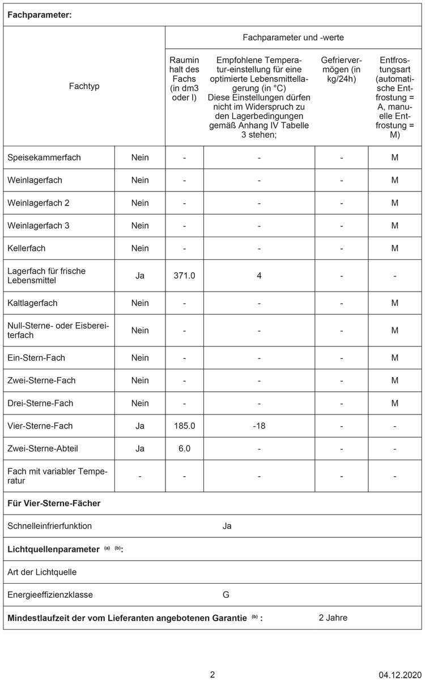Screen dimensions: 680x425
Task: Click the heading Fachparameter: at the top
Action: [x=39, y=15]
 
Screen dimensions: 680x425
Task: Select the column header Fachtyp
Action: [x=84, y=86]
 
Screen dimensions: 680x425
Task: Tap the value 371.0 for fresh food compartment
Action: [x=184, y=276]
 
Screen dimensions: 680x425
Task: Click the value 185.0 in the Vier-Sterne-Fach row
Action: [x=184, y=426]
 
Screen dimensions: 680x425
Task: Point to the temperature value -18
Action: [x=259, y=426]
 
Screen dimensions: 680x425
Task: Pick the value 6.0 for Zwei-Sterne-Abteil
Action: [x=184, y=448]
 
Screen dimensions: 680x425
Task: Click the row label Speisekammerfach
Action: [x=44, y=157]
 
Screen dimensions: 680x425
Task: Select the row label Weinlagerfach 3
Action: [x=39, y=225]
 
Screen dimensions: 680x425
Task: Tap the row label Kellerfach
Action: [x=27, y=248]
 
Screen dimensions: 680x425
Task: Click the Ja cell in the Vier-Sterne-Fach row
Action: [x=140, y=426]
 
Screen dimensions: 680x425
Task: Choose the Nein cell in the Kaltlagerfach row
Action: [x=140, y=303]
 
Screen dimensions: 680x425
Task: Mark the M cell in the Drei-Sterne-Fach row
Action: [x=394, y=403]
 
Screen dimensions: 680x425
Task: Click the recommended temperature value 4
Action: [x=259, y=276]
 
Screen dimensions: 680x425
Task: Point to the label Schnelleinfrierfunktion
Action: [x=50, y=526]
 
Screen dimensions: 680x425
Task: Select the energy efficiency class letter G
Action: [x=226, y=595]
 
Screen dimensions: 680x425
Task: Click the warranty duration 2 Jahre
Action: [x=333, y=618]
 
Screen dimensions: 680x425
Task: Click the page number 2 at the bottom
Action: [x=212, y=675]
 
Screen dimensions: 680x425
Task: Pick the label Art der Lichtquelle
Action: [x=42, y=572]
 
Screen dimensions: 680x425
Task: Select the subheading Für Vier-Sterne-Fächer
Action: [x=54, y=503]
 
